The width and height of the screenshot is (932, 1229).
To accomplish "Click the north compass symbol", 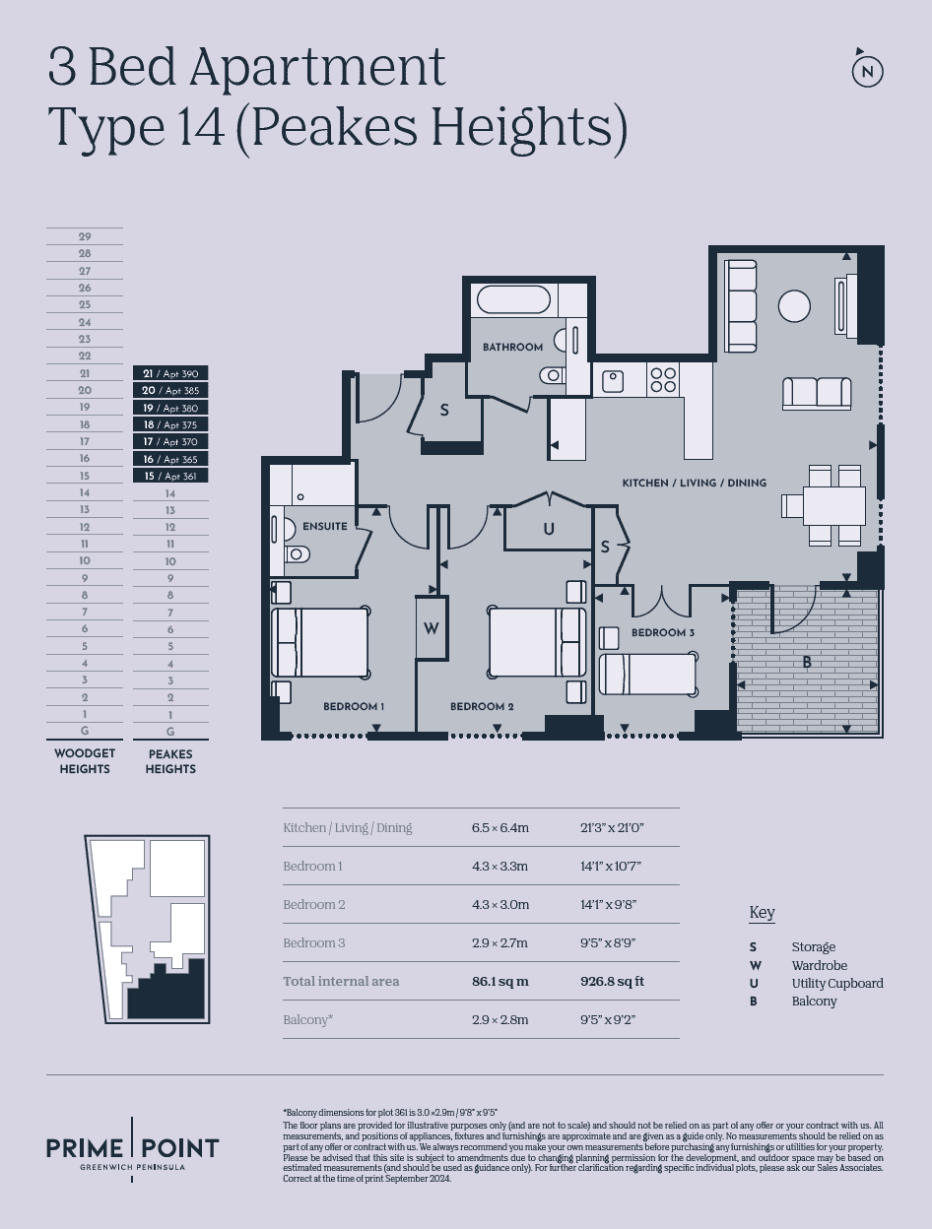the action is pos(868,71).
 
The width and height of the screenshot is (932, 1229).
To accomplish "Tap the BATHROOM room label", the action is pos(512,348).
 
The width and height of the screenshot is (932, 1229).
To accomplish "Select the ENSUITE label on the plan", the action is pos(325,526).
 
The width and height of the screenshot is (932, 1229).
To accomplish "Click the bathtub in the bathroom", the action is pos(513,300).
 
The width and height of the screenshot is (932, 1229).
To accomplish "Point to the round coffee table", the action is pos(794,306).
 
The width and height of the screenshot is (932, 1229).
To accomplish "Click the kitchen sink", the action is pos(614,382).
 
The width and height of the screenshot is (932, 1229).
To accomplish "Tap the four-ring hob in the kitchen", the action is pos(663,379).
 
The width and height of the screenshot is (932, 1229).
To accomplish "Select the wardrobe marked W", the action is pos(431,628).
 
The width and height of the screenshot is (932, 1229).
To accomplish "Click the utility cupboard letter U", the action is pos(549,529).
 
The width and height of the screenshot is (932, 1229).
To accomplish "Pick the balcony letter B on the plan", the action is pos(807,663).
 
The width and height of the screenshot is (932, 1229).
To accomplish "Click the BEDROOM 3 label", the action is pos(663,632).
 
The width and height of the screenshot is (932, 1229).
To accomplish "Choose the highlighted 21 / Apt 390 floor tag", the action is pos(170,373).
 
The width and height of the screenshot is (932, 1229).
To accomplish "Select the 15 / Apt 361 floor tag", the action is pos(170,476).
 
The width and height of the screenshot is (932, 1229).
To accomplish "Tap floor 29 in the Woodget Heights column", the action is pos(85,237).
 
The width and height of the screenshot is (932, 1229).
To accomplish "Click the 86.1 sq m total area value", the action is pos(500,982).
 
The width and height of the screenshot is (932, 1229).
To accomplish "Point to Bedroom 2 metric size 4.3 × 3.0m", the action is pos(500,905).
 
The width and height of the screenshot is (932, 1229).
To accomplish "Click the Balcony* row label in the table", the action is pos(308,1019).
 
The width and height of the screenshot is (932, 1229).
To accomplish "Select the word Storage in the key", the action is pos(813,946).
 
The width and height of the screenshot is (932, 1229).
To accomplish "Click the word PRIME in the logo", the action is pos(85,1148).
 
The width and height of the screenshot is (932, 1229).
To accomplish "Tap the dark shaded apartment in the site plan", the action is pos(166,991).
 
